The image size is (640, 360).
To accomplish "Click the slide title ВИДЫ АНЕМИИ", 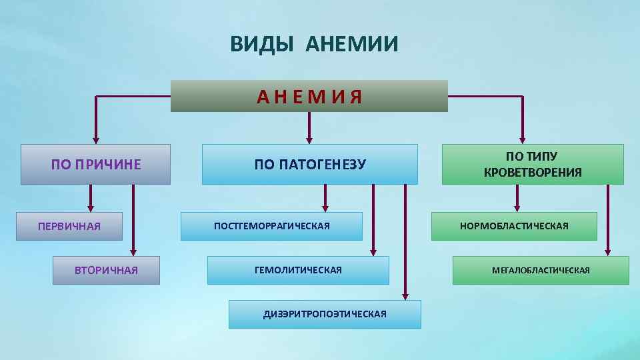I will [314, 45].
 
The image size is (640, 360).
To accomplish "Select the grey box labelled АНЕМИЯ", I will [309, 97].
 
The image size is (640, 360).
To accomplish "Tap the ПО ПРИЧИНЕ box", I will [95, 164].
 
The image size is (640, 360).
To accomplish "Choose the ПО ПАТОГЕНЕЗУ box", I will [309, 164].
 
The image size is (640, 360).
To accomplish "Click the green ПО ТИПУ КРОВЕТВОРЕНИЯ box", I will [532, 164].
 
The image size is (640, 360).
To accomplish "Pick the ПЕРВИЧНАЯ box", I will [69, 226].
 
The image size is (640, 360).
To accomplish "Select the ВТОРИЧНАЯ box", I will [106, 270].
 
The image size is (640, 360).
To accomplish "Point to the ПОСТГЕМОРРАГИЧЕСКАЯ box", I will [272, 226].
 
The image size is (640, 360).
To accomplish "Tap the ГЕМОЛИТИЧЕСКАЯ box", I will [298, 270].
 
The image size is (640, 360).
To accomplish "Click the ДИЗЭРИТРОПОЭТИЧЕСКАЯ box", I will [325, 314].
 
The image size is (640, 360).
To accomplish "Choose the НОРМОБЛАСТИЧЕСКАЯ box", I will [514, 226].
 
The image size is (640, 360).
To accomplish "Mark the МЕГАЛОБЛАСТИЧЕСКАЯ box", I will [541, 270].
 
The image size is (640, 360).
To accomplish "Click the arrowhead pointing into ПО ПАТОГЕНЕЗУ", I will [309, 140].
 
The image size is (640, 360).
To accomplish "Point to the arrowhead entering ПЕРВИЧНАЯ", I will [91, 208].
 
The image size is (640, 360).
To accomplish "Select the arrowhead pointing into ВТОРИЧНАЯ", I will [133, 252].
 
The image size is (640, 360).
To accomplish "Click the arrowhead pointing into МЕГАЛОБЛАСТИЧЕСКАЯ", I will [608, 252].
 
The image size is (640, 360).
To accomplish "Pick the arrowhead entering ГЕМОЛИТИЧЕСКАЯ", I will [373, 252].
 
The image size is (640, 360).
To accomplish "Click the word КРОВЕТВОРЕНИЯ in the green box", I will [533, 173].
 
